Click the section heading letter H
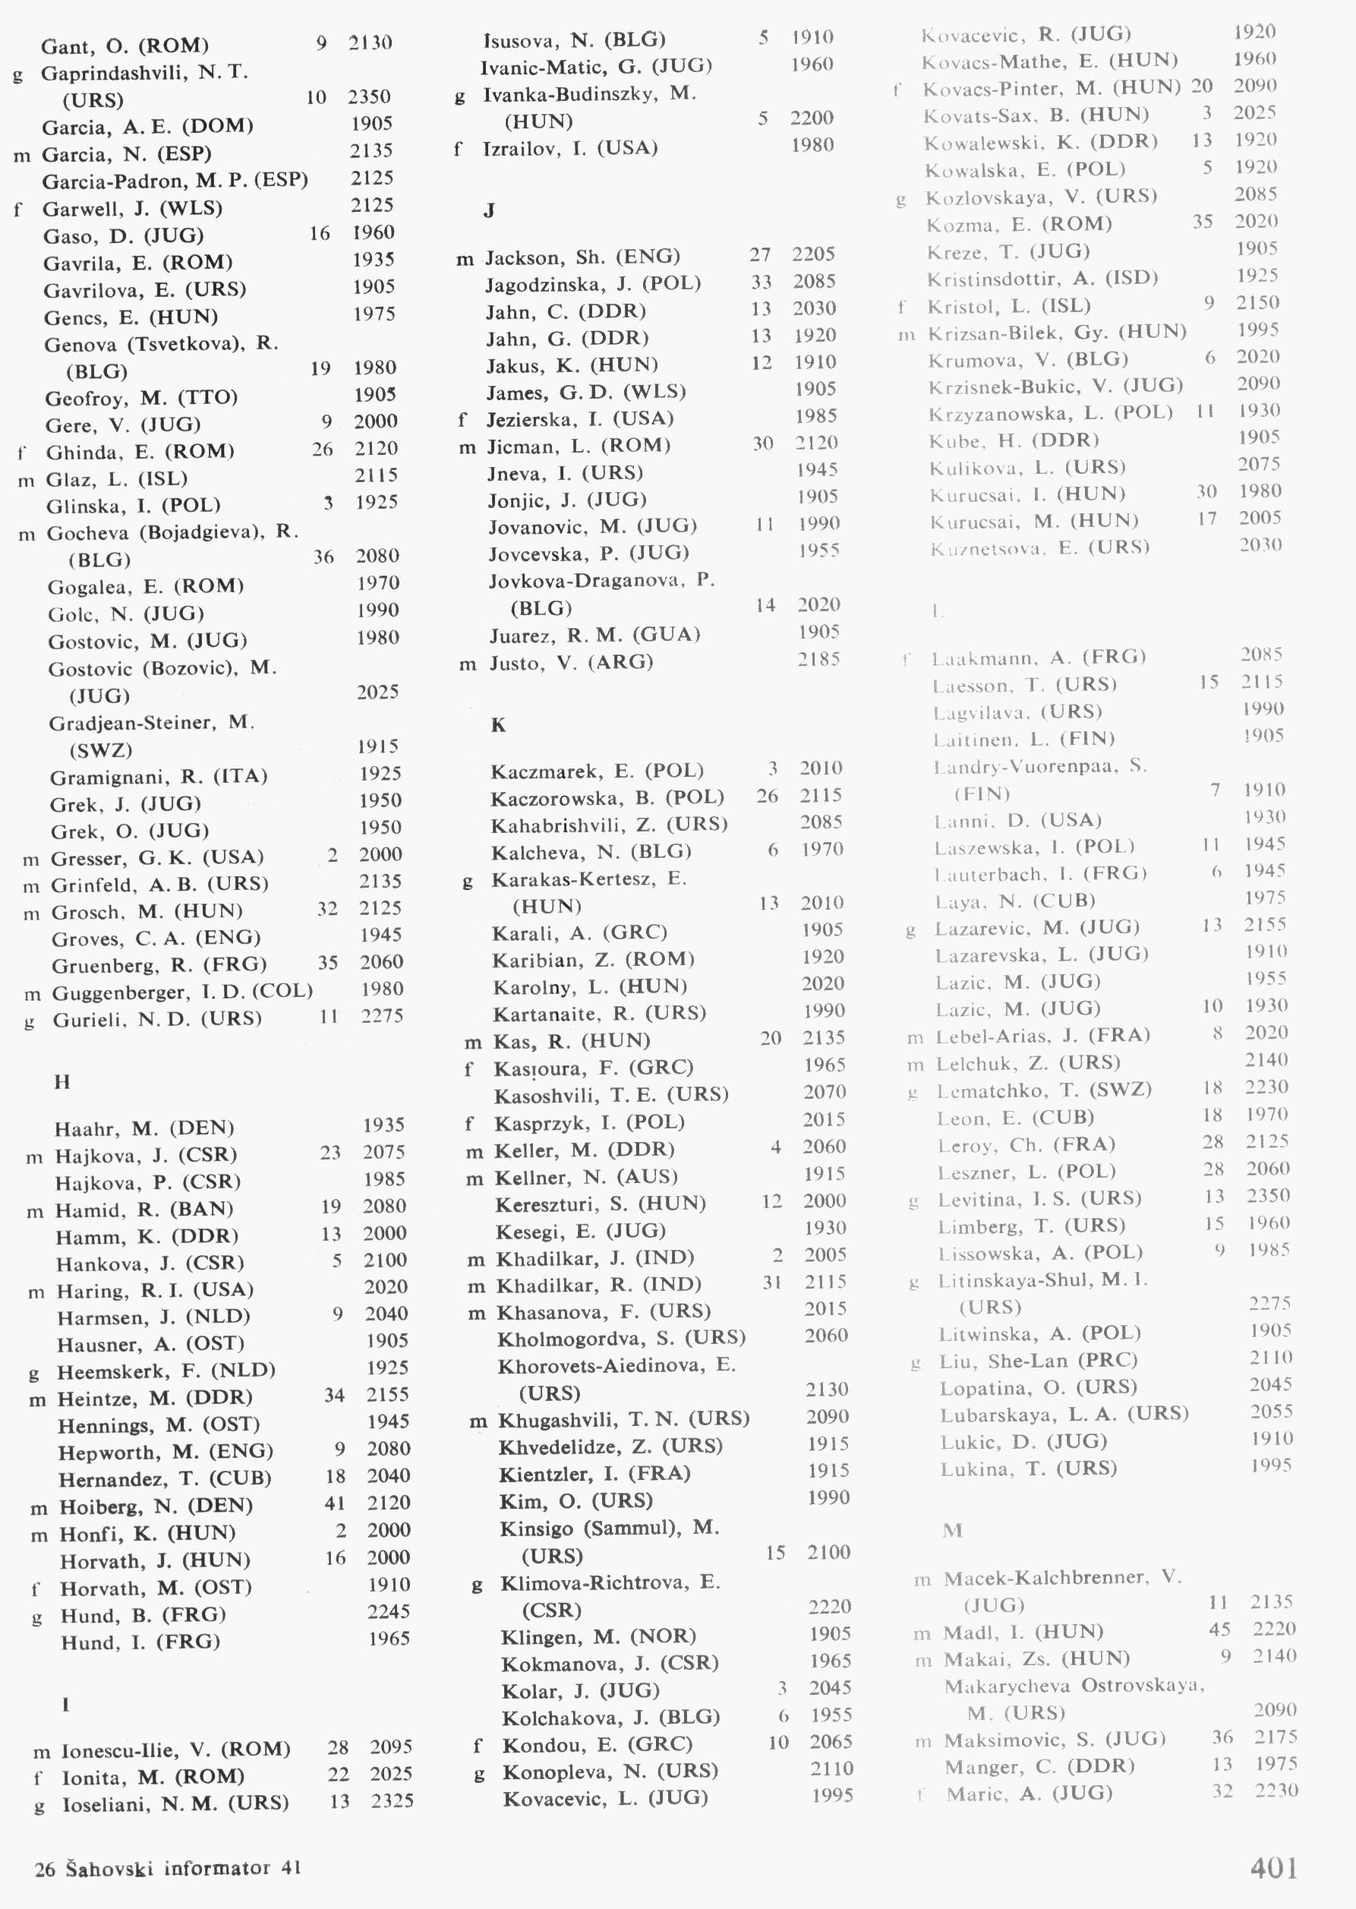[x=61, y=1082]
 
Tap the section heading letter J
[x=489, y=210]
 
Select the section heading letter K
[x=499, y=725]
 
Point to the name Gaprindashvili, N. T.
[x=144, y=73]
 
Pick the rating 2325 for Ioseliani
[x=393, y=1800]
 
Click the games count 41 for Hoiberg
[x=335, y=1504]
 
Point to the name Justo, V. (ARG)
[x=571, y=662]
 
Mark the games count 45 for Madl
[x=1219, y=1628]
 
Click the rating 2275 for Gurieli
[x=383, y=1016]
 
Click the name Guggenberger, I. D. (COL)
[x=182, y=992]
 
